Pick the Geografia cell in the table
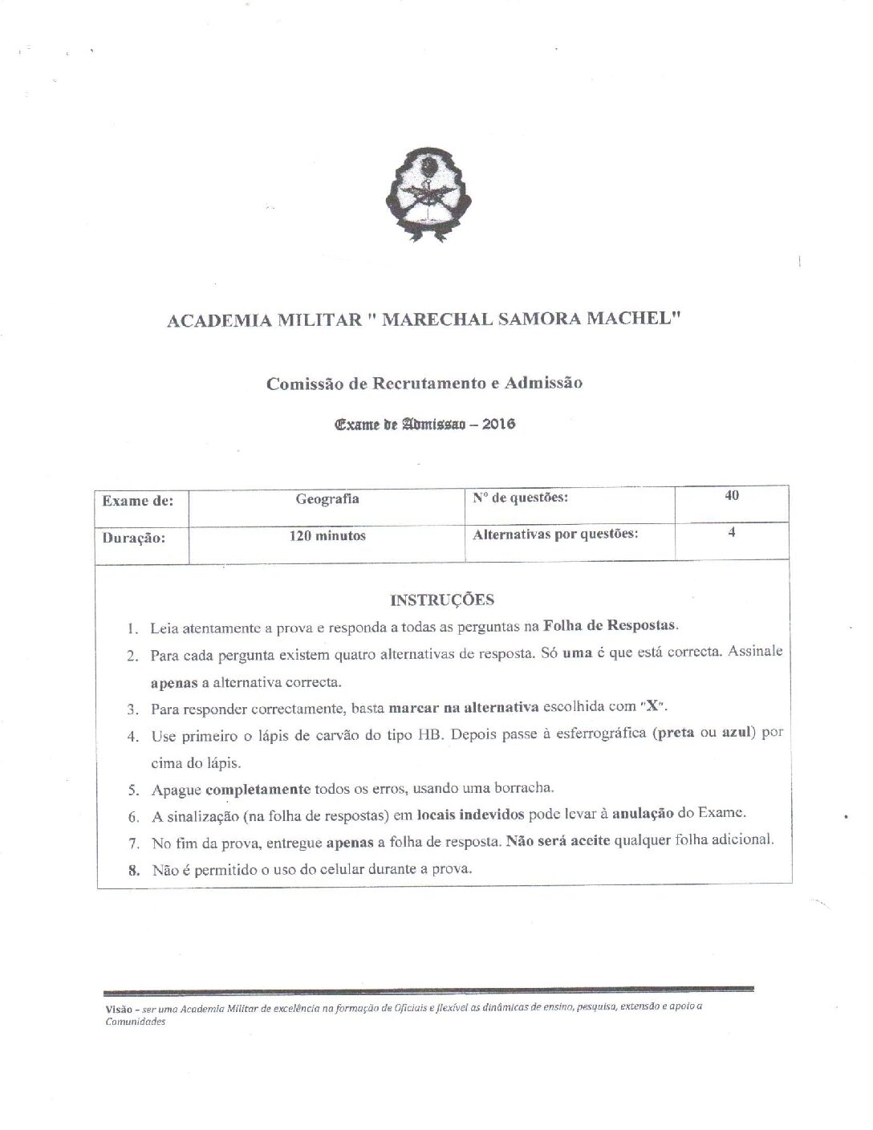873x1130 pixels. pyautogui.click(x=327, y=499)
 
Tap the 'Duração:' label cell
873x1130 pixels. pyautogui.click(x=133, y=539)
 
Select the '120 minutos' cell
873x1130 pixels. pyautogui.click(x=327, y=535)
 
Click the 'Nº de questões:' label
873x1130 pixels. pyautogui.click(x=521, y=498)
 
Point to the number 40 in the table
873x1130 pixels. pyautogui.click(x=732, y=495)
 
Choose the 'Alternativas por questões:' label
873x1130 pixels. pyautogui.click(x=555, y=534)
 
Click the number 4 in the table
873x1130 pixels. pyautogui.click(x=732, y=531)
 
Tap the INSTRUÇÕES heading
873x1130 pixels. pyautogui.click(x=442, y=600)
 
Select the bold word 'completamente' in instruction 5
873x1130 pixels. pyautogui.click(x=258, y=788)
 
